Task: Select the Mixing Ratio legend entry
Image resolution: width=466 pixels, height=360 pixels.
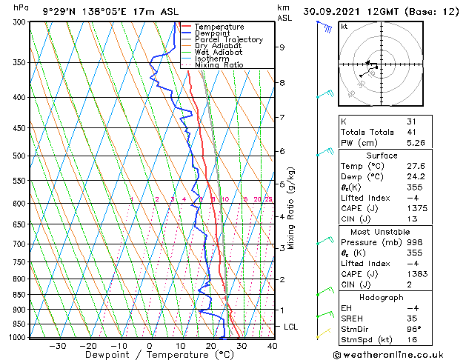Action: click(x=219, y=64)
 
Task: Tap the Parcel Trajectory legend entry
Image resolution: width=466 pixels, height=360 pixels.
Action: click(x=228, y=39)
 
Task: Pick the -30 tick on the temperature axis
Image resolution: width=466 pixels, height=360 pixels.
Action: click(x=58, y=345)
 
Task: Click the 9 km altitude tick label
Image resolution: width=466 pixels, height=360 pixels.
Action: click(x=282, y=47)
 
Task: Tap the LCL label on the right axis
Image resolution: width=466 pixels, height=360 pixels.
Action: click(x=291, y=327)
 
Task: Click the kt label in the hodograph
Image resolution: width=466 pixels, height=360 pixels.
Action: click(x=344, y=26)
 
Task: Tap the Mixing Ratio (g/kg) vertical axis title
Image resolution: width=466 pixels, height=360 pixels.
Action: click(x=291, y=207)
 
